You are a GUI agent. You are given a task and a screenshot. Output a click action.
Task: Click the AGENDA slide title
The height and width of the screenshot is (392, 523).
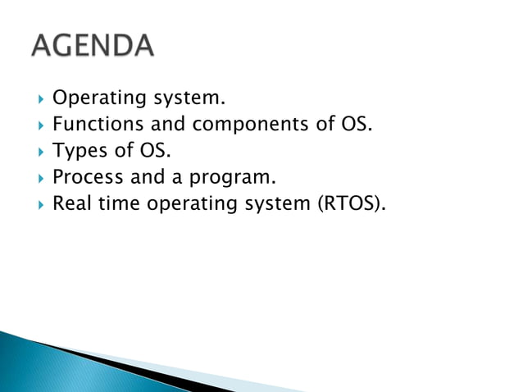93,46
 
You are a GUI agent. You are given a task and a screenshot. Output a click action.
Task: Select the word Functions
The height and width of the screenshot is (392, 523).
90,125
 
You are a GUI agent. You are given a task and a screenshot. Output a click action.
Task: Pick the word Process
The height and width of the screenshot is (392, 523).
86,176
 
